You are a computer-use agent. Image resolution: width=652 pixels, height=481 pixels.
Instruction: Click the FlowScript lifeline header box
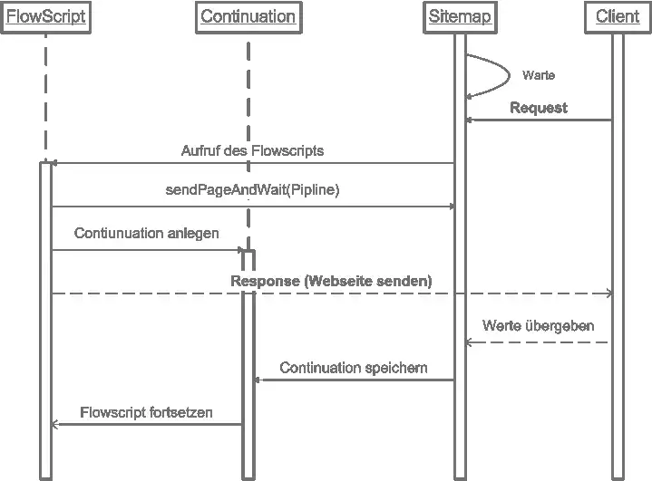[x=46, y=17]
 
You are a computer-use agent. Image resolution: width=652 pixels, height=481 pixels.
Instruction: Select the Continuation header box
[x=248, y=17]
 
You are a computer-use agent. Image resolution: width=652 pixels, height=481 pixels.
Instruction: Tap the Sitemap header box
[x=460, y=17]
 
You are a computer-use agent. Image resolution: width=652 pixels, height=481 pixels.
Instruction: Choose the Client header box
[x=618, y=17]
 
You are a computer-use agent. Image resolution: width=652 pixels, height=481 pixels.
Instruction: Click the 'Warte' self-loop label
[x=539, y=75]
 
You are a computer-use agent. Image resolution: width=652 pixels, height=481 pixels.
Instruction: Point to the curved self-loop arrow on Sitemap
[x=504, y=75]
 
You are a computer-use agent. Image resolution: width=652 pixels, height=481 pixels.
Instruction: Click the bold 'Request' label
[x=539, y=108]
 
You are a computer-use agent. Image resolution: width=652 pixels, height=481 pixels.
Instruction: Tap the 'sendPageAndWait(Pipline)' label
[x=252, y=191]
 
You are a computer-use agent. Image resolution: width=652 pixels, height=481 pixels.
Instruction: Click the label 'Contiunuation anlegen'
[x=146, y=233]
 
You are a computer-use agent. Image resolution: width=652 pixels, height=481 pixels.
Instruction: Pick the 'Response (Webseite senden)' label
[x=331, y=281]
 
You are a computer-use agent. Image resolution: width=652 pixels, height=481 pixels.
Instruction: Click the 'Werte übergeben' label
[x=539, y=324]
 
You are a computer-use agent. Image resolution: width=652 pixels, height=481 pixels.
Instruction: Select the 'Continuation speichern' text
[x=354, y=368]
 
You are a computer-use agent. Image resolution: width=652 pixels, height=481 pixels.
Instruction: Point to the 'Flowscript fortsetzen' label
[x=146, y=412]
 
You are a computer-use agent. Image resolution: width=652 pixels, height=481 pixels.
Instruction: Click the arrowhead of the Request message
[x=470, y=120]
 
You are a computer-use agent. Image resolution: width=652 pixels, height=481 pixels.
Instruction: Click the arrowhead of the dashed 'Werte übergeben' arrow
[x=470, y=342]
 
